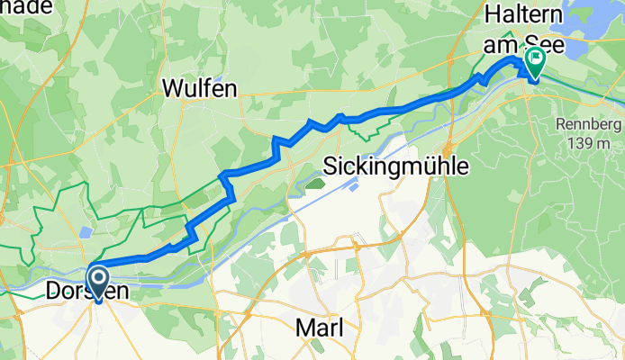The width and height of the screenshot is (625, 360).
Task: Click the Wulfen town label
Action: (x=200, y=87)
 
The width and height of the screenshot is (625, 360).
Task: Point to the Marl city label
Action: (x=320, y=329)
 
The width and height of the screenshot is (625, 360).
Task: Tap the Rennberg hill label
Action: (x=582, y=123)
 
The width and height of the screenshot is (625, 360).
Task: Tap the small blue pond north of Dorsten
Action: (x=84, y=231)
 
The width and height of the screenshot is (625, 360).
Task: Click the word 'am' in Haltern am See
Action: (x=505, y=40)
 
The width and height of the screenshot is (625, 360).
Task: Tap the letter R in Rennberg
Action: (x=558, y=123)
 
